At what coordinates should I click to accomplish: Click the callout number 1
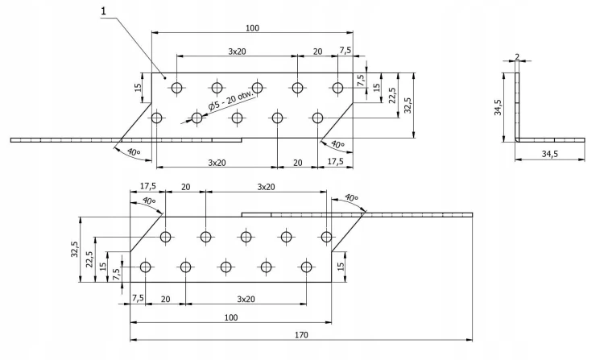[103, 11]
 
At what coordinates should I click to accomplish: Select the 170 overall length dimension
[301, 335]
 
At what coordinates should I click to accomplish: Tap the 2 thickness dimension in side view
[517, 56]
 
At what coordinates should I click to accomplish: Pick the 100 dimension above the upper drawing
[252, 27]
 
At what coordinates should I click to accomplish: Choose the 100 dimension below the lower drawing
[231, 317]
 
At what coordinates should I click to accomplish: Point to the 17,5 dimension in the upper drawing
[335, 161]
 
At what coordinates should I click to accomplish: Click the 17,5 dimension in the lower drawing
[147, 186]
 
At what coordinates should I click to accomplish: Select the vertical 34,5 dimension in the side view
[498, 107]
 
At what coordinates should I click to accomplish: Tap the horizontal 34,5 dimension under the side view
[550, 154]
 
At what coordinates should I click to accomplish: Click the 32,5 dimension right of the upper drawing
[408, 105]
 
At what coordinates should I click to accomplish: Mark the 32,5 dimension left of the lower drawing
[74, 249]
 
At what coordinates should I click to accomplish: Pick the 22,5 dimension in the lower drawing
[89, 259]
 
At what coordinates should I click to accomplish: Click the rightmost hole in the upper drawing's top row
[337, 88]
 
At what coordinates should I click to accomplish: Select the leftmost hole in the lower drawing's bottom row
[146, 267]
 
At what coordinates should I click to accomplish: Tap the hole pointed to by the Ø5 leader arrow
[197, 118]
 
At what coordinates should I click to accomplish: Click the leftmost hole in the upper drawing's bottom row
[157, 118]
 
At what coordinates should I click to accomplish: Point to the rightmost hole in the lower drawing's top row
[326, 237]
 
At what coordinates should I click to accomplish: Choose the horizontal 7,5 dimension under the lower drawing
[138, 298]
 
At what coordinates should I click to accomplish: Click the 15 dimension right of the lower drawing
[341, 267]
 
